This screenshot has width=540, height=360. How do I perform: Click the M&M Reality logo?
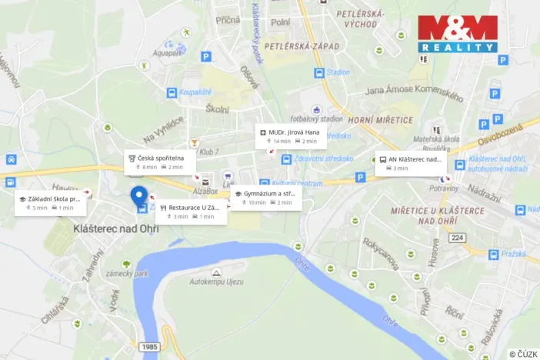(x=458, y=33)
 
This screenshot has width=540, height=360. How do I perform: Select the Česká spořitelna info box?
(x=157, y=162)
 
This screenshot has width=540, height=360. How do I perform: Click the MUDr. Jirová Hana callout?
(x=291, y=136)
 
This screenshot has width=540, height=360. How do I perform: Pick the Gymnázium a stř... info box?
(x=265, y=198)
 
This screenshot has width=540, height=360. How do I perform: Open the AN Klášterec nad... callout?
(x=411, y=163)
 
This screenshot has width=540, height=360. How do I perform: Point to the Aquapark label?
(x=167, y=54)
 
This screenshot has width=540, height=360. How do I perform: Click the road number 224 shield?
(x=458, y=237)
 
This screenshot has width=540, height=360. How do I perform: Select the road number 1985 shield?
(x=151, y=348)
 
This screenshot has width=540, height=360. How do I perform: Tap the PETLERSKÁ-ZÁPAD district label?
(x=302, y=47)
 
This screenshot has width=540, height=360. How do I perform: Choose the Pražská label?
(x=514, y=253)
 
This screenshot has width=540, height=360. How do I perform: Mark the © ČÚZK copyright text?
(x=522, y=354)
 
